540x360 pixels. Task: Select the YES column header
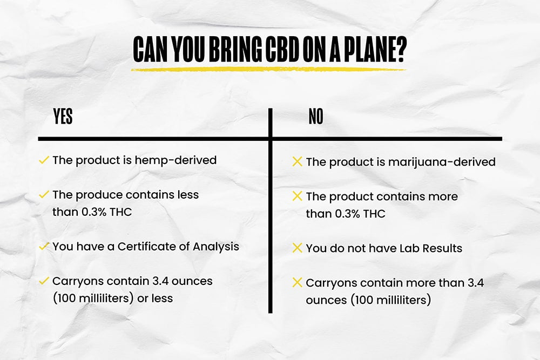click(x=63, y=117)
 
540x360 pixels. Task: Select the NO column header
click(x=316, y=117)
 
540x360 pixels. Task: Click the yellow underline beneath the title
click(x=268, y=69)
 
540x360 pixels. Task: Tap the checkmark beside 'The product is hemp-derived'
click(x=44, y=160)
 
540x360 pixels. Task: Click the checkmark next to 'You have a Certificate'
click(x=44, y=246)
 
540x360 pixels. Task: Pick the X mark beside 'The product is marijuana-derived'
click(x=297, y=161)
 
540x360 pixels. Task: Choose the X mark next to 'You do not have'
click(x=297, y=248)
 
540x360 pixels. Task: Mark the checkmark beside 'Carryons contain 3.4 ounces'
click(x=44, y=281)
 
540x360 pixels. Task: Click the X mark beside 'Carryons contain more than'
click(x=297, y=282)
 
